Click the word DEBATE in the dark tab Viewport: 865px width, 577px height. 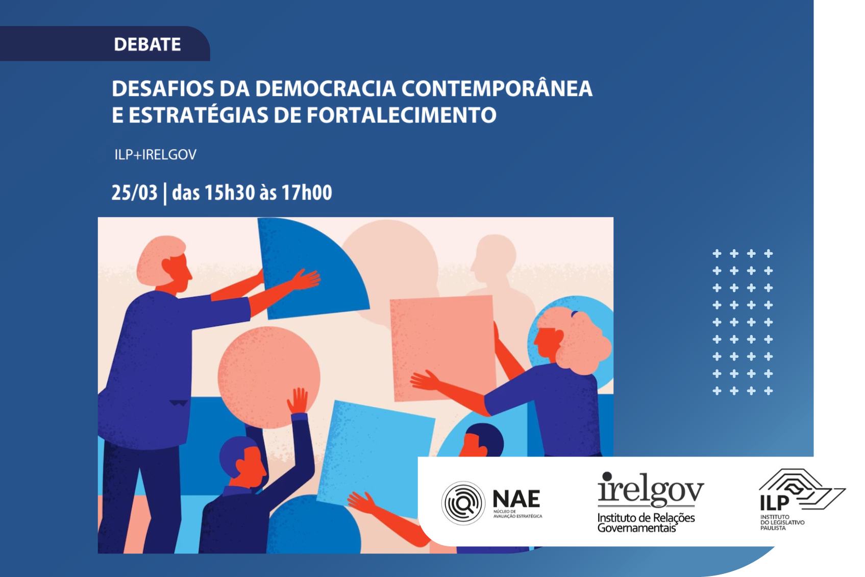(x=147, y=44)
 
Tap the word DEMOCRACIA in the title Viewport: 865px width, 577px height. (x=326, y=88)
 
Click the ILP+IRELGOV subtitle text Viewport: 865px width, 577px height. (x=155, y=155)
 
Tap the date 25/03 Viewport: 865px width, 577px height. (x=134, y=193)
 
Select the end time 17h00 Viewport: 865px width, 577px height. (x=307, y=193)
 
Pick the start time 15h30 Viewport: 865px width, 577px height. (x=230, y=193)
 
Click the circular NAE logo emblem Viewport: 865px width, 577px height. (x=463, y=503)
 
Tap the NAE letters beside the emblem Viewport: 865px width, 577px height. (x=516, y=499)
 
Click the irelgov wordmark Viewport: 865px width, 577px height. (x=651, y=489)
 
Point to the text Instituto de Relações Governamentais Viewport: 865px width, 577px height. (x=646, y=522)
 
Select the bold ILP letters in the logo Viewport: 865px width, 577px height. (x=774, y=503)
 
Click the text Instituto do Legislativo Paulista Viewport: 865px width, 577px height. (x=782, y=522)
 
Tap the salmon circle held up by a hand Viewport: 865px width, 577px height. (x=269, y=377)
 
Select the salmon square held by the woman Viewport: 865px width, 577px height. (x=442, y=348)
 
